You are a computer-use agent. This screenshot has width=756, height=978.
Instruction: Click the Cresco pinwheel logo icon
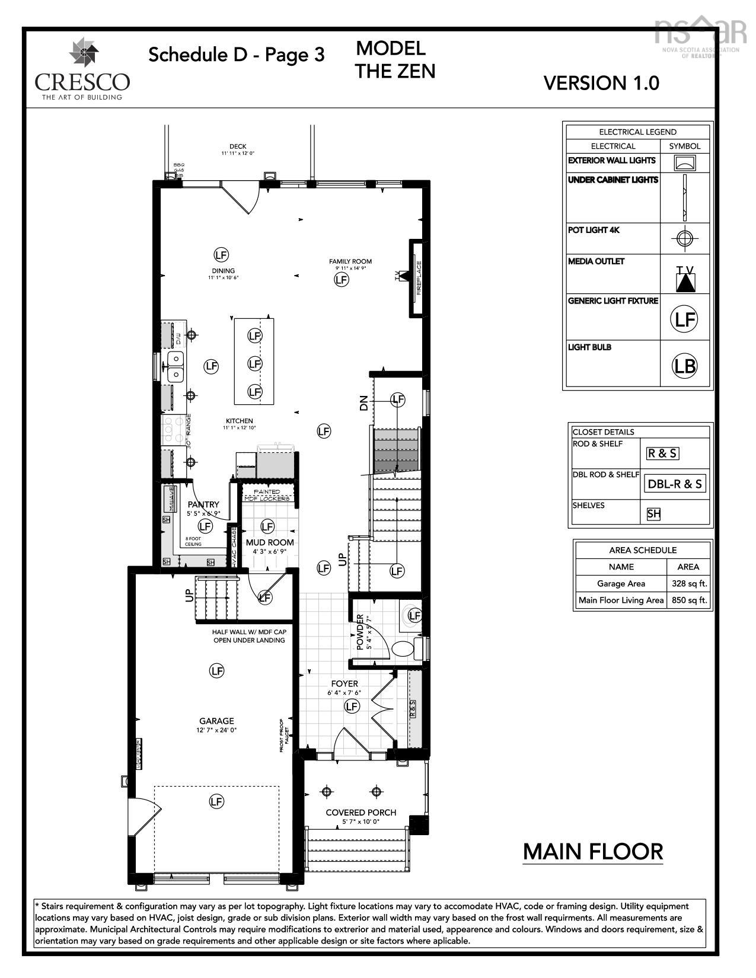coord(84,53)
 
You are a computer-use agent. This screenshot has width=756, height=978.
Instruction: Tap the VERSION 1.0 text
coord(601,83)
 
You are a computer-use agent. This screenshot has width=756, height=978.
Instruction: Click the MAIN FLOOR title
coord(592,852)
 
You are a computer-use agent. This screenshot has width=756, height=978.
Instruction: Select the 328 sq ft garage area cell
coord(689,583)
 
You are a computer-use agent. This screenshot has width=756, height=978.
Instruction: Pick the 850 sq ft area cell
coord(689,600)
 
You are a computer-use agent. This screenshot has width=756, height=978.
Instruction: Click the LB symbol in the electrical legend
coord(684,366)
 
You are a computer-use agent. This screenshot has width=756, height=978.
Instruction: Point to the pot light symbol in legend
coord(685,238)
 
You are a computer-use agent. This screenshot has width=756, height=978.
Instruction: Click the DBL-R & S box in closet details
coord(675,484)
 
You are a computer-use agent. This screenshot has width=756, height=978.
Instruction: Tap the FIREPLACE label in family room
coord(419,277)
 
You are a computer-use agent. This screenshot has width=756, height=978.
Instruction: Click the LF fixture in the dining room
coord(221,255)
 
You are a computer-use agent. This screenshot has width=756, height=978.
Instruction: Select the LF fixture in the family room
coord(342,279)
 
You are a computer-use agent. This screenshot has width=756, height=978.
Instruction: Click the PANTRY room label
coord(203,504)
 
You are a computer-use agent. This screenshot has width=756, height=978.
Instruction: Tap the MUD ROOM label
coord(270,542)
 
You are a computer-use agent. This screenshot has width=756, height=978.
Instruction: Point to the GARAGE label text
coord(216,721)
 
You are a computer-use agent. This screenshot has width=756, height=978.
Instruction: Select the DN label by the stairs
coord(363,403)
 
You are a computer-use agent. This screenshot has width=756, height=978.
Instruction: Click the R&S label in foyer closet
coord(413,709)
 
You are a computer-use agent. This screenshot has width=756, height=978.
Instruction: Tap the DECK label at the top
coord(238,146)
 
